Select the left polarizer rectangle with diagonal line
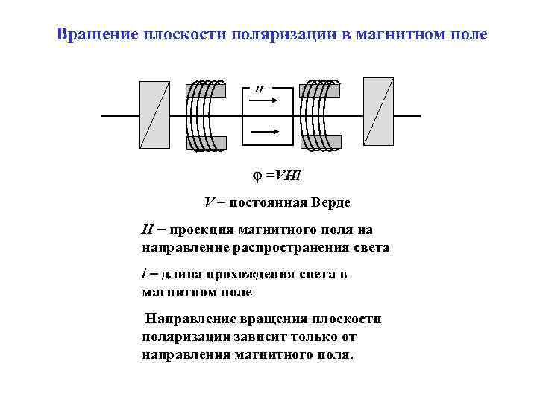tap(154, 116)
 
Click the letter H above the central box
tap(259, 89)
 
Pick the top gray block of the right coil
tap(319, 90)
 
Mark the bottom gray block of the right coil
tap(319, 143)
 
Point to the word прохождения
tap(249, 275)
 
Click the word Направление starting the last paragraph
tap(189, 319)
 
